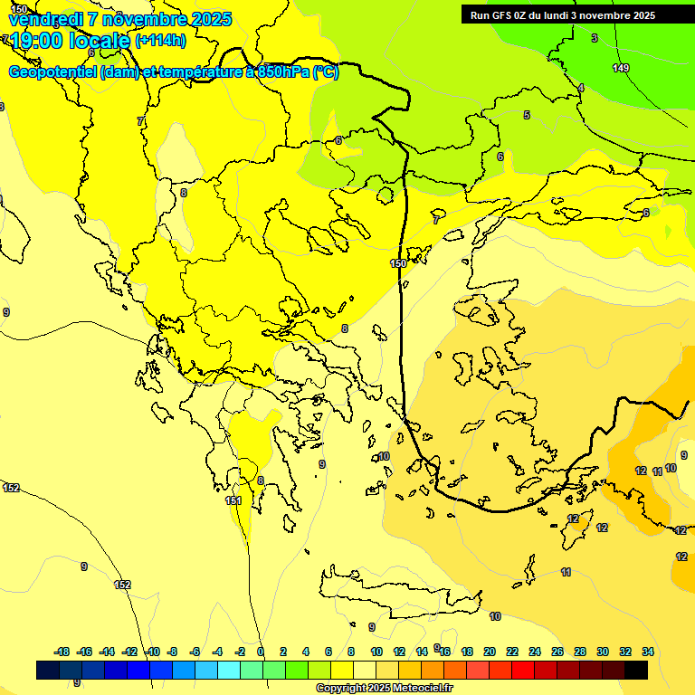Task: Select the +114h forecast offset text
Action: coord(160,40)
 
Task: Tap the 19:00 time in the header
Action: coord(44,40)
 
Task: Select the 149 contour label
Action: coord(621,68)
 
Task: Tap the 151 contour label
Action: coord(233,500)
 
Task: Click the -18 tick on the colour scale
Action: coord(62,652)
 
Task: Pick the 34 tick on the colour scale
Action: coord(648,652)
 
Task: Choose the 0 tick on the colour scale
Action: coord(261,652)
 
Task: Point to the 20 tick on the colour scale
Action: coord(490,652)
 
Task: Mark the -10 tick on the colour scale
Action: coord(153,652)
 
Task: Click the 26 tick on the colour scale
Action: coord(557,652)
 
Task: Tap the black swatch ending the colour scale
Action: coord(636,671)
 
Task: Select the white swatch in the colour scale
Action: coord(365,671)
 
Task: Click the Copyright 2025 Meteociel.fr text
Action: coord(384,689)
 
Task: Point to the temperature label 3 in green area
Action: coord(595,38)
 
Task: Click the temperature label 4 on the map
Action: coord(581,88)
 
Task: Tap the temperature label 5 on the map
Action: coord(527,115)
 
